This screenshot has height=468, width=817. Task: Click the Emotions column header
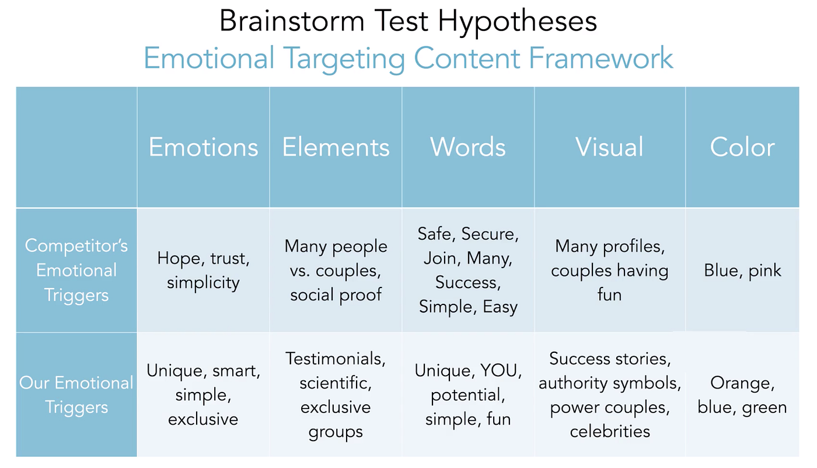tap(203, 147)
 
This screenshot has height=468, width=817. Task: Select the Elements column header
tap(336, 147)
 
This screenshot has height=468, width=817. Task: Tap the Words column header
tap(468, 147)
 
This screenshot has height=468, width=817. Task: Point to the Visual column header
tap(609, 147)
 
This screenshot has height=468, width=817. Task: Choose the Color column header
tap(742, 147)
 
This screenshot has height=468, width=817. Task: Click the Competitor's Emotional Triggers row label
tap(76, 270)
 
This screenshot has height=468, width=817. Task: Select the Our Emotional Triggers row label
tap(76, 395)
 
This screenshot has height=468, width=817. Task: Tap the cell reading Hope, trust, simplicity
tap(203, 271)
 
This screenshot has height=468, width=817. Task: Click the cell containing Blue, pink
tap(742, 271)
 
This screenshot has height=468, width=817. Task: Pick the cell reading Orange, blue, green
tap(742, 395)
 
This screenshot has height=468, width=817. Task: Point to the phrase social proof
tap(336, 294)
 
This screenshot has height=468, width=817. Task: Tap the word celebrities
tap(610, 432)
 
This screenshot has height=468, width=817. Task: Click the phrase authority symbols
tap(610, 383)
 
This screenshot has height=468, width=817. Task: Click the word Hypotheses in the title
tap(517, 22)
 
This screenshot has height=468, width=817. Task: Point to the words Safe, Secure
tap(468, 234)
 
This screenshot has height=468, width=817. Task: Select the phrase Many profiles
tap(610, 246)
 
